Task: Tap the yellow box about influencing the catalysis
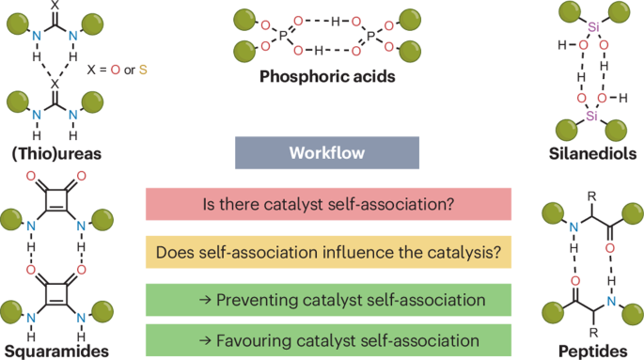328,252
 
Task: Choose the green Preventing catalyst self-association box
328,301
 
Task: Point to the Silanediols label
592,154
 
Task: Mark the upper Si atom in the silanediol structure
592,27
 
